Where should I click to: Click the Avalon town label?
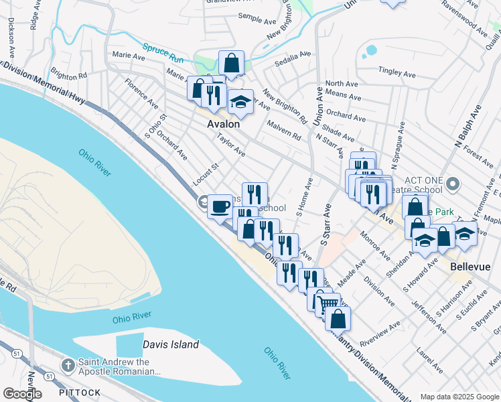223,124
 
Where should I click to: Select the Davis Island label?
171,344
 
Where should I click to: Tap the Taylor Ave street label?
231,145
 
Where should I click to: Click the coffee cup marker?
220,206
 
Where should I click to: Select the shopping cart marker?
328,304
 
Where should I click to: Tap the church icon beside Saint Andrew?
68,365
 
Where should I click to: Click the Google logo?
23,393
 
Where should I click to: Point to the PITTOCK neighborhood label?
80,393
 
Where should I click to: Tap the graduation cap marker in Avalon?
240,102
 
